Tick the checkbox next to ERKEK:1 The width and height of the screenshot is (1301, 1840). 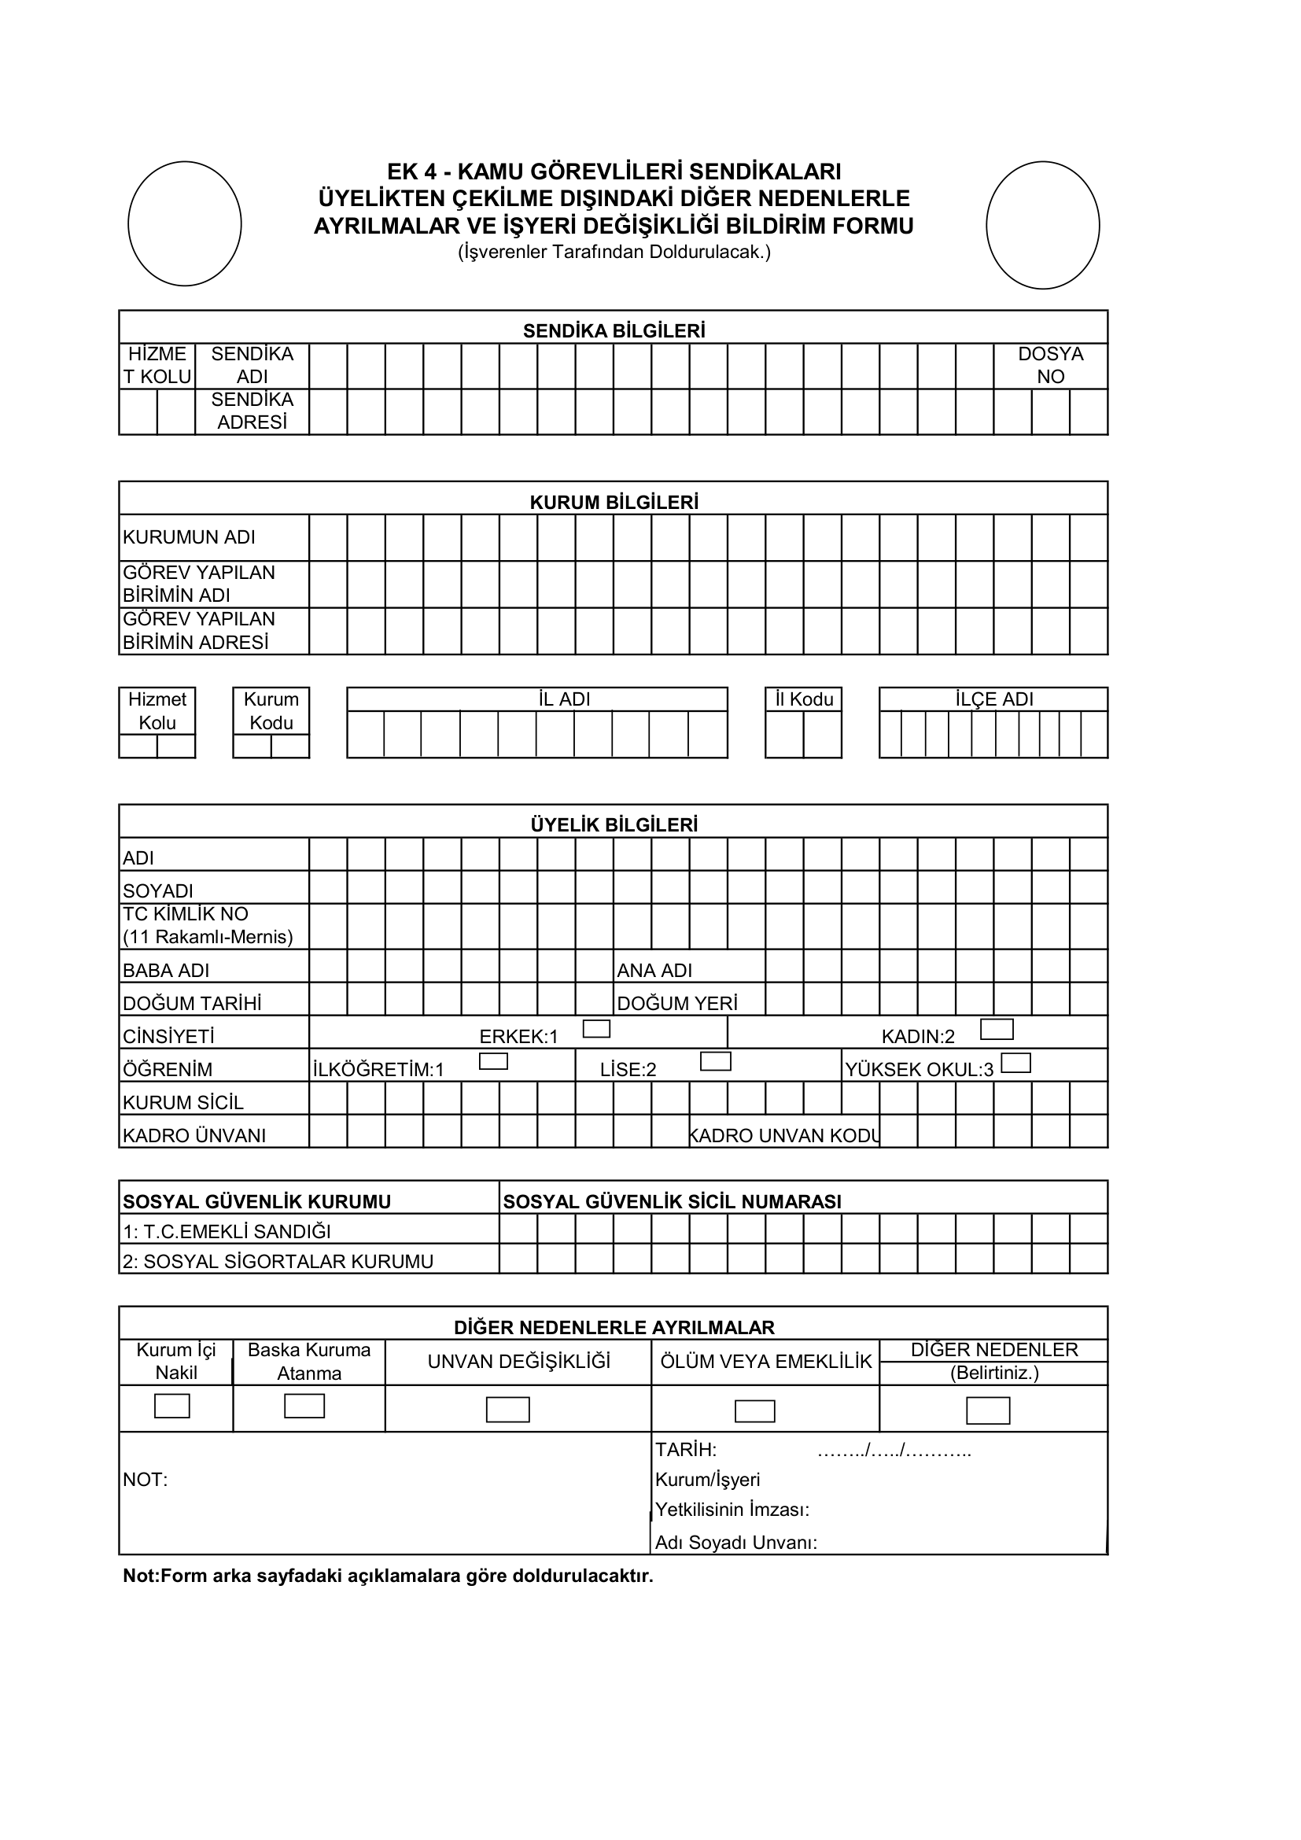596,1028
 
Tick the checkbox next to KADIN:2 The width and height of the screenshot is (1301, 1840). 997,1029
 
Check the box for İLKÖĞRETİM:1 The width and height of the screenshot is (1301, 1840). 492,1061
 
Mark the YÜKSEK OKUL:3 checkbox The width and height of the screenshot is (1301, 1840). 1015,1063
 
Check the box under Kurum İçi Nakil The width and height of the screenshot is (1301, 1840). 172,1406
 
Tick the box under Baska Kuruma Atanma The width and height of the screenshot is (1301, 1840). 304,1406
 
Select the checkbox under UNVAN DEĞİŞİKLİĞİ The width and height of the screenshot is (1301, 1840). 508,1410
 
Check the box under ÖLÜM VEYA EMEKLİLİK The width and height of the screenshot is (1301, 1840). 754,1410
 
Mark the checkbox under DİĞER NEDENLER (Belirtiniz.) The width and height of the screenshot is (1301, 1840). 988,1410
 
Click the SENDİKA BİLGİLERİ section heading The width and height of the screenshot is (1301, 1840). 614,331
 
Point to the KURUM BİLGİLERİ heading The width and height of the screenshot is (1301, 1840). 614,503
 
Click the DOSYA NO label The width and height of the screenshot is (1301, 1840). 1050,366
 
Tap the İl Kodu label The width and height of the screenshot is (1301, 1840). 804,699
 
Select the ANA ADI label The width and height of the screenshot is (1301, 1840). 654,971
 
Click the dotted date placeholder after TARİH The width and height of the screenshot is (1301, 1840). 894,1450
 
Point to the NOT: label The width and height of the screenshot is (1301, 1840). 145,1480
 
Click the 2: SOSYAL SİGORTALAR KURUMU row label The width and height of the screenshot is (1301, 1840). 277,1261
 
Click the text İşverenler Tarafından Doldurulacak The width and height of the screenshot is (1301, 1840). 614,252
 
